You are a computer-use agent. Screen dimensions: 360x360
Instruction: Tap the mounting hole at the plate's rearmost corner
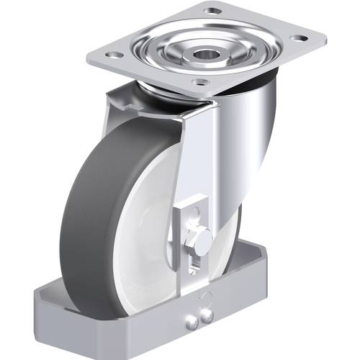(x=212, y=10)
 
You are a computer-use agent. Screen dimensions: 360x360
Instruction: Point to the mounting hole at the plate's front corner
(x=202, y=82)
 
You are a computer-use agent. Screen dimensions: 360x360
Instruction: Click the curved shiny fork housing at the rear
(x=252, y=144)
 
